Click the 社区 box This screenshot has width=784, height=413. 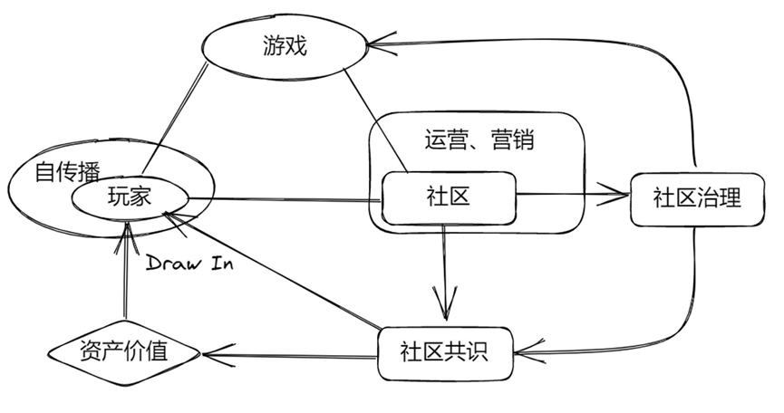click(448, 195)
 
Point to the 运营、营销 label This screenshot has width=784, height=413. click(478, 140)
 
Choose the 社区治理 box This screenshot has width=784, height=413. click(696, 197)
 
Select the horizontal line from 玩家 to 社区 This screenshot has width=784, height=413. click(281, 199)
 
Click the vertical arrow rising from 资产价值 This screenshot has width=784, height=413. click(124, 281)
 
